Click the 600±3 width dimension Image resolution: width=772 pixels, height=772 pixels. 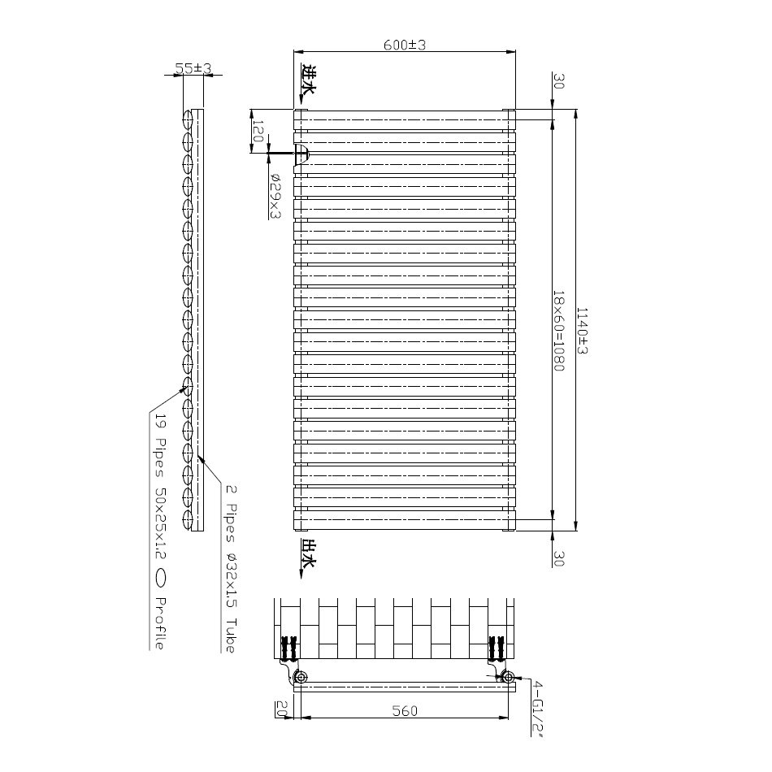405,46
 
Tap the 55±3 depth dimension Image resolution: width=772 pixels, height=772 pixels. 192,70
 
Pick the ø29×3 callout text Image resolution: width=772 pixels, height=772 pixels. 275,196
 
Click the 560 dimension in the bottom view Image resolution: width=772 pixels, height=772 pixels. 404,711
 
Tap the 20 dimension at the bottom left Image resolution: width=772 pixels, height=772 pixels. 281,709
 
